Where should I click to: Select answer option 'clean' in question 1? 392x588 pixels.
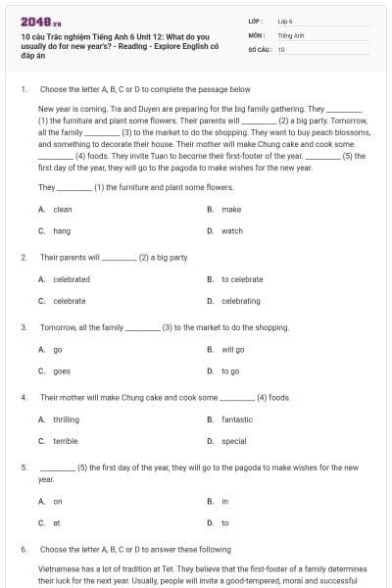[63, 210]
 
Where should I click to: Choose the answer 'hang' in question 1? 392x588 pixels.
[62, 231]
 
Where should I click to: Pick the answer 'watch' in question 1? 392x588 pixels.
[232, 231]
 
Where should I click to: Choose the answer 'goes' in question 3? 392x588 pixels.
[62, 371]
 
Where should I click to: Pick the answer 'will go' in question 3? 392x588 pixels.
[233, 350]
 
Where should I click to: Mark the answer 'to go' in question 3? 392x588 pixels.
[230, 371]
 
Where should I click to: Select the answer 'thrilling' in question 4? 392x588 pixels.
[66, 419]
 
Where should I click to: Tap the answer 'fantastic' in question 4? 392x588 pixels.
[237, 419]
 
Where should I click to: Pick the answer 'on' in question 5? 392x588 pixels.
[58, 501]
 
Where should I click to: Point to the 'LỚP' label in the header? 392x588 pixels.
[256, 21]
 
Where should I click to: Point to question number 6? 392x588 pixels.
[24, 550]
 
